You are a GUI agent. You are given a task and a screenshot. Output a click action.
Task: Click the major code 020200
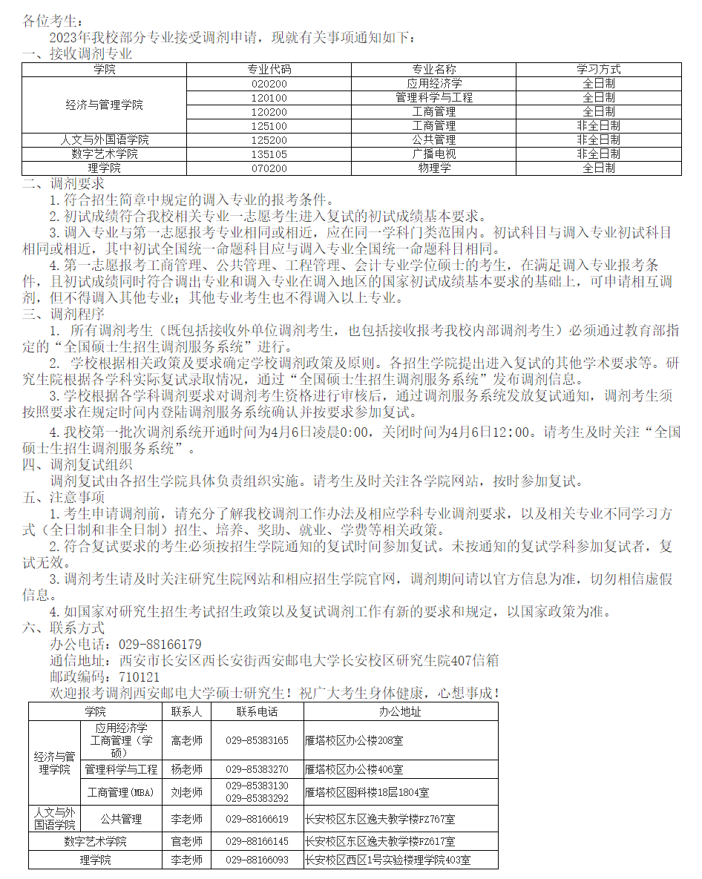tap(269, 83)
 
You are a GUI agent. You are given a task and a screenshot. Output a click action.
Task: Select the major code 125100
tap(269, 125)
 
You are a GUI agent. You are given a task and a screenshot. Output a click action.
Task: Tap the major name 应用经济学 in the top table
tap(434, 83)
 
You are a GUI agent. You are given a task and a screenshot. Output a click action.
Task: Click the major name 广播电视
tap(434, 154)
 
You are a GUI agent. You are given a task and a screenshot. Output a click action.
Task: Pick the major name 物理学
tap(434, 168)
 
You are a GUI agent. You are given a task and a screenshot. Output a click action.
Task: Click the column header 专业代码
tap(269, 69)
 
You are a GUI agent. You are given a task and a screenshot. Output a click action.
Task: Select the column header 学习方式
tap(598, 69)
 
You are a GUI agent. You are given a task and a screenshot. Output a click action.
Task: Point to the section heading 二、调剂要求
tap(64, 182)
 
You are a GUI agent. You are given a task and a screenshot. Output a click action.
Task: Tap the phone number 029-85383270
tap(257, 769)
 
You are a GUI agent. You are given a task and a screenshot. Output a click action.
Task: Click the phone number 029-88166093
tap(257, 860)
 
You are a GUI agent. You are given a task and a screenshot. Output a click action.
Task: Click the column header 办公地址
tap(400, 711)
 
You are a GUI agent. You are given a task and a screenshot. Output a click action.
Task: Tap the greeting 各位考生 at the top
tap(50, 21)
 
